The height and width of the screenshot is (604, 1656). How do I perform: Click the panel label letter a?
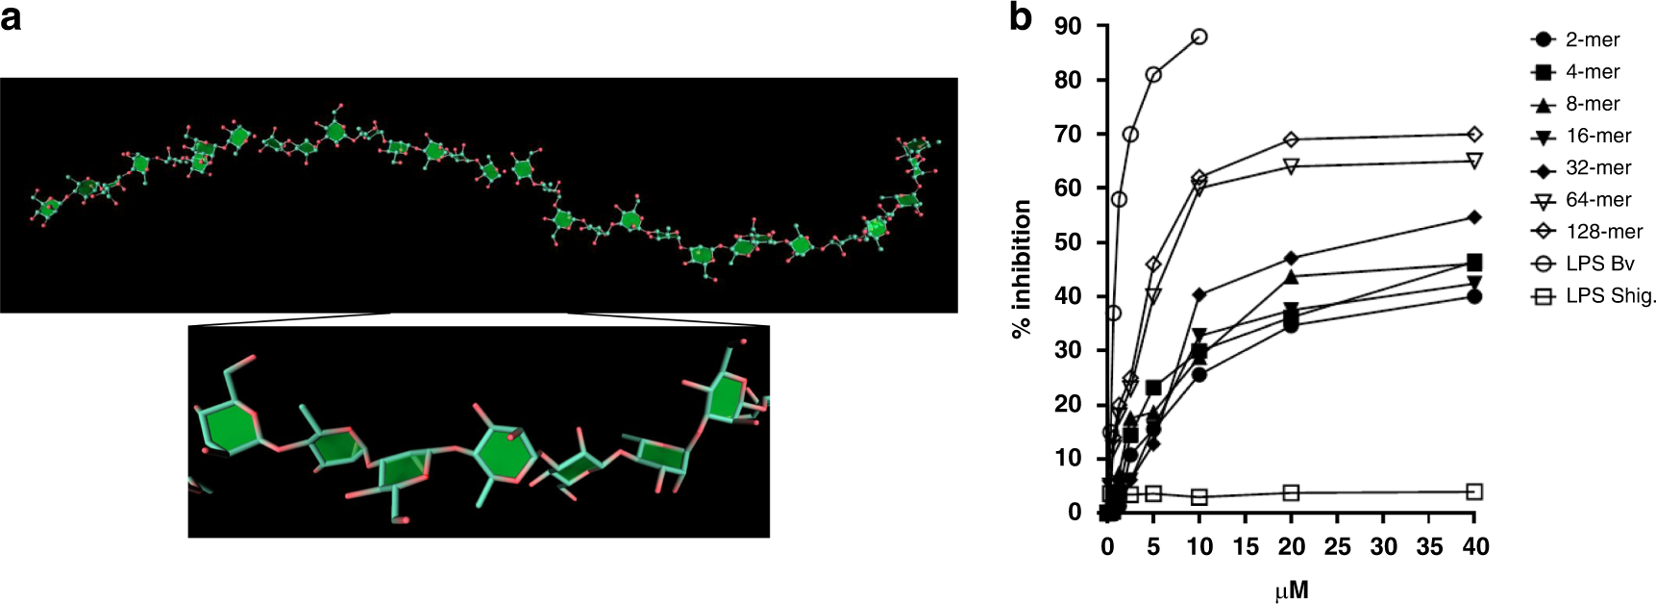(11, 17)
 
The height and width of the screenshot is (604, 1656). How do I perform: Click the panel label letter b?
(1021, 17)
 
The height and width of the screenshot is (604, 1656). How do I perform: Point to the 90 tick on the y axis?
(1067, 26)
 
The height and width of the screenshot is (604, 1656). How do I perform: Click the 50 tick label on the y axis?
(1067, 242)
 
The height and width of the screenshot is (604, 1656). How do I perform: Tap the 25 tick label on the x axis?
(1337, 547)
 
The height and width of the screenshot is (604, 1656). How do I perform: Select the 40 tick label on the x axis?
(1475, 547)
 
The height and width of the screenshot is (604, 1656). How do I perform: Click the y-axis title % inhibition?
(1022, 269)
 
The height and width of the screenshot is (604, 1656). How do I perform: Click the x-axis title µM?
(1291, 589)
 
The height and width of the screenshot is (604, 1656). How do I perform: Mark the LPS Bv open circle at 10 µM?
(1199, 37)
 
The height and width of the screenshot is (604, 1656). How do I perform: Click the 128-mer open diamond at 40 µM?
(1474, 134)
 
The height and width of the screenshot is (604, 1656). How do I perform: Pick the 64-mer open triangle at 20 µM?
(1291, 166)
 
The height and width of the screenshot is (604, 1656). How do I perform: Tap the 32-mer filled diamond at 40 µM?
(1474, 217)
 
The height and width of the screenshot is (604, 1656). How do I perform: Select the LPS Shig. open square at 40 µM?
(1474, 491)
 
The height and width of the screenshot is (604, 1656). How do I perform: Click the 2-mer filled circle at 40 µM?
(1474, 296)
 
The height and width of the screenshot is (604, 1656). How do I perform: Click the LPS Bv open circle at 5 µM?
(1153, 74)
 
